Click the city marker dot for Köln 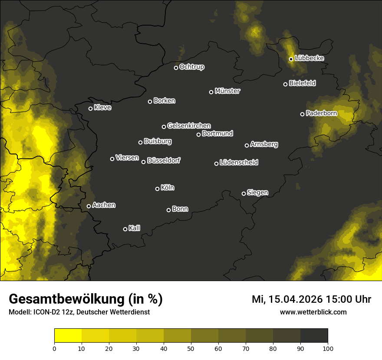[x=157, y=189]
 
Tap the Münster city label [x=227, y=91]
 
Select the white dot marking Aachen [x=89, y=206]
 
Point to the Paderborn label [x=321, y=113]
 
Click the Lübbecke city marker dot [x=291, y=59]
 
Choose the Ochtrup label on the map [x=191, y=67]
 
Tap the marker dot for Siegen [x=244, y=193]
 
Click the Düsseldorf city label [x=164, y=160]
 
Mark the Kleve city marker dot [x=90, y=108]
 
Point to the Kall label [x=134, y=228]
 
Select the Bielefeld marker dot [x=285, y=84]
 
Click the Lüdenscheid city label [x=239, y=163]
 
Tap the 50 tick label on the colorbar [x=191, y=348]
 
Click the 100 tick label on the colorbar [x=328, y=348]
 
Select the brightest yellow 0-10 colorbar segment [x=68, y=336]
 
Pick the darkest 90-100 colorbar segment [x=314, y=336]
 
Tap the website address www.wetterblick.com [x=313, y=312]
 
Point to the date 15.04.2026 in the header [x=294, y=299]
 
